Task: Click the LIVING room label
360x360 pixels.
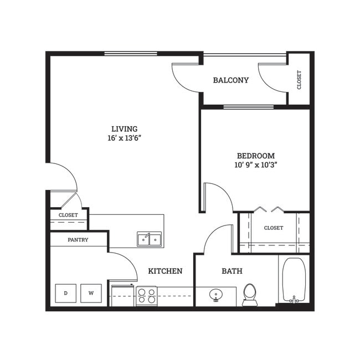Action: coord(124,128)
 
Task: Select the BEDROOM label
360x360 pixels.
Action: coord(255,156)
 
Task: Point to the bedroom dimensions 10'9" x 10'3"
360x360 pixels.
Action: coord(255,164)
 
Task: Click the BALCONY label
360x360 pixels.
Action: coord(231,80)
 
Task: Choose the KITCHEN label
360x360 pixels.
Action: coord(165,271)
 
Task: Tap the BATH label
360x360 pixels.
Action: coord(232,271)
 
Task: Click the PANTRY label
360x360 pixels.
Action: coord(78,240)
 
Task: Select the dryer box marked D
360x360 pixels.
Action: coord(65,293)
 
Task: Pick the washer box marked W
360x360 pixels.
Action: coord(91,293)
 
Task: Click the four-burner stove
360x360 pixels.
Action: coord(147,296)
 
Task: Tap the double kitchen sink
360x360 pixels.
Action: coord(150,239)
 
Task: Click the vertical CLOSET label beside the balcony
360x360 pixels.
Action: coord(300,80)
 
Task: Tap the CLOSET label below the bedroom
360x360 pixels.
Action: coord(273,228)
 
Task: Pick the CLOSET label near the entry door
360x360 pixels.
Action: coord(68,215)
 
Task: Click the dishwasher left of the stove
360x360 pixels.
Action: coord(122,295)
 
